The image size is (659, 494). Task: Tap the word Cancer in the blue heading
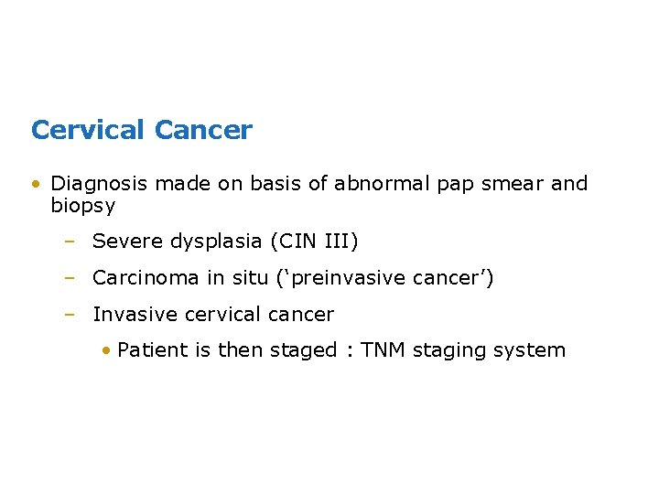click(x=203, y=131)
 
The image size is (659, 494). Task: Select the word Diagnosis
click(x=99, y=184)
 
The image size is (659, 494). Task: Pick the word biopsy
click(x=82, y=207)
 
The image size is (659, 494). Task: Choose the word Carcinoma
click(x=146, y=278)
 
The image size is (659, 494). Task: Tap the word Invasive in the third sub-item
click(x=135, y=315)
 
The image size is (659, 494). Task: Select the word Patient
click(x=153, y=350)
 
